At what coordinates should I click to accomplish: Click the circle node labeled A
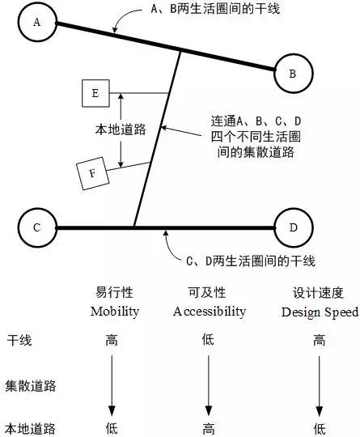(x=37, y=22)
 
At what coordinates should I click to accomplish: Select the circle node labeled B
(x=293, y=74)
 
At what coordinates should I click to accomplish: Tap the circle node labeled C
(x=36, y=228)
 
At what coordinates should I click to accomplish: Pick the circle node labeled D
(x=293, y=228)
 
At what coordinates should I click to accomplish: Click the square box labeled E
(x=95, y=94)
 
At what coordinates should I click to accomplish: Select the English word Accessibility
(x=210, y=311)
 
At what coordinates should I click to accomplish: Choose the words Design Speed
(x=319, y=311)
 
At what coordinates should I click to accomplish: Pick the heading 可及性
(x=209, y=292)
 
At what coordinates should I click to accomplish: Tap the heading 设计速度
(x=319, y=292)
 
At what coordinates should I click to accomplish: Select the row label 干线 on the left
(x=19, y=341)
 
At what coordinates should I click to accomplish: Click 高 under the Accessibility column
(x=209, y=426)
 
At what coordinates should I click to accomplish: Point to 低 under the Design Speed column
(x=319, y=426)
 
